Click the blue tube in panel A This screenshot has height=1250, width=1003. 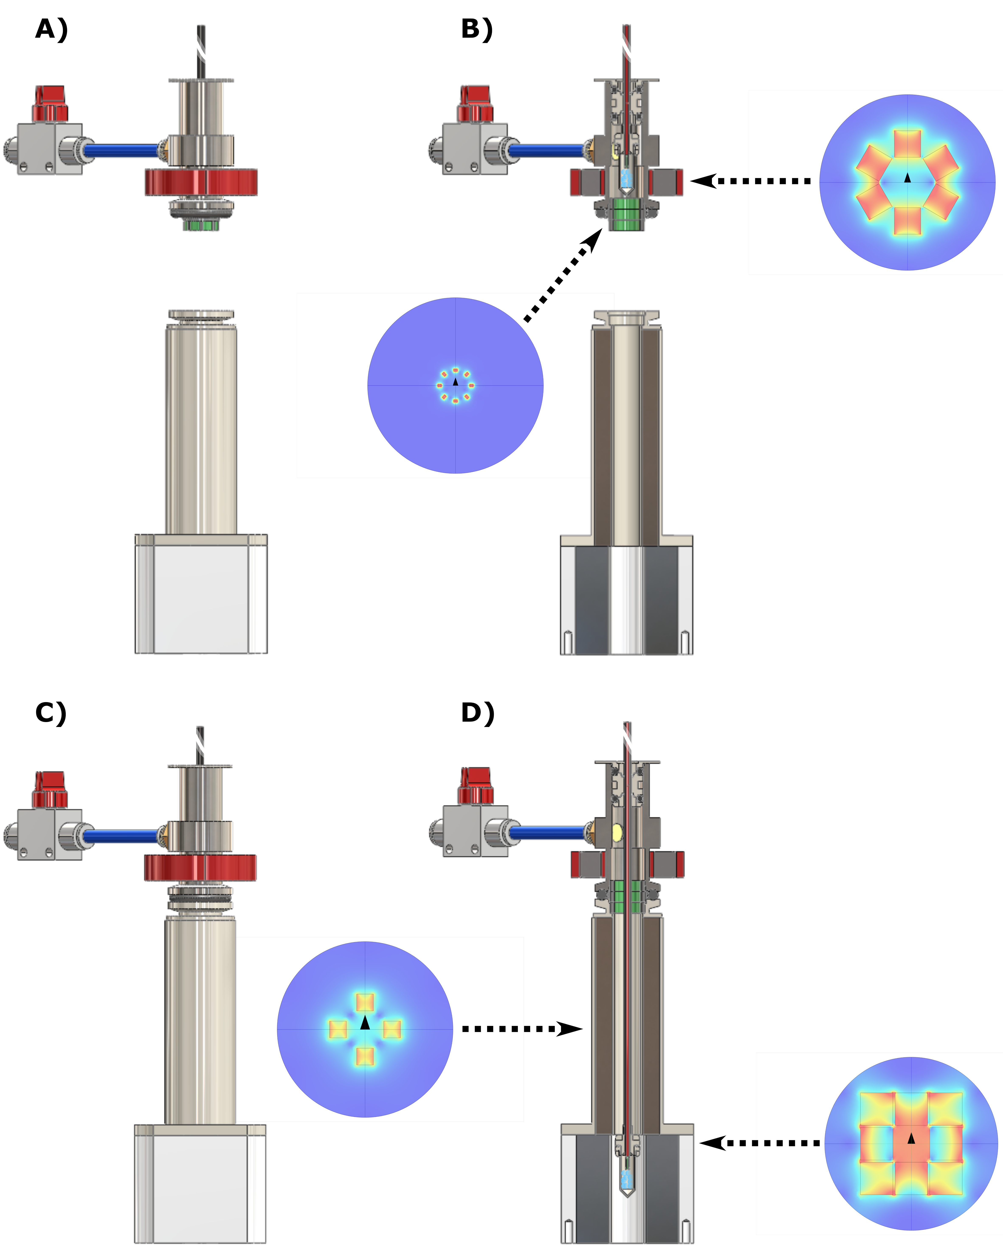(122, 151)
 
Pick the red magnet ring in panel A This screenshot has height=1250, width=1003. (201, 182)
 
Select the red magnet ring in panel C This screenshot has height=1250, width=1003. (200, 867)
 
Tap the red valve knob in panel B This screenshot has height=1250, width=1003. (475, 104)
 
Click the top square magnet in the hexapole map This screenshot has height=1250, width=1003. (907, 144)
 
